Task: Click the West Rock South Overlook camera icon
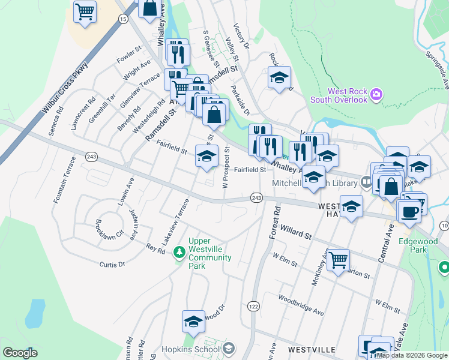click(376, 94)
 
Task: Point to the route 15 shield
click(123, 19)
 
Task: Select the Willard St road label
click(295, 232)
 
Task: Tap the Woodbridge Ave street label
click(301, 305)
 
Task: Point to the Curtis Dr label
click(112, 263)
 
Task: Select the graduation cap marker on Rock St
click(279, 77)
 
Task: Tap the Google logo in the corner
click(20, 353)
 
